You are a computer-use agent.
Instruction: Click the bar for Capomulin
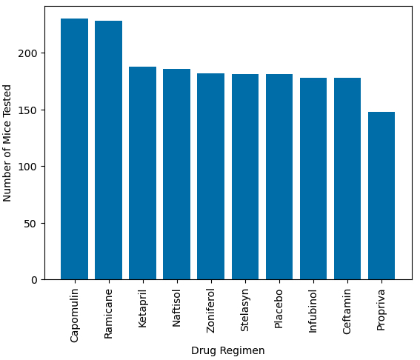[74, 149]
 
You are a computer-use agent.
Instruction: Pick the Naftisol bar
[176, 174]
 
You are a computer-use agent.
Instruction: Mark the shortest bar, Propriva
[381, 196]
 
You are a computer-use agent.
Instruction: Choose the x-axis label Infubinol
[313, 311]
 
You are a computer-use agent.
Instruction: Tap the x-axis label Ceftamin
[347, 311]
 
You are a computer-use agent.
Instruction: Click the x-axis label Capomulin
[74, 314]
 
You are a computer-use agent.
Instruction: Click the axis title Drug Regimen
[227, 350]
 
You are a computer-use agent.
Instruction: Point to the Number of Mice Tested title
[7, 143]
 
